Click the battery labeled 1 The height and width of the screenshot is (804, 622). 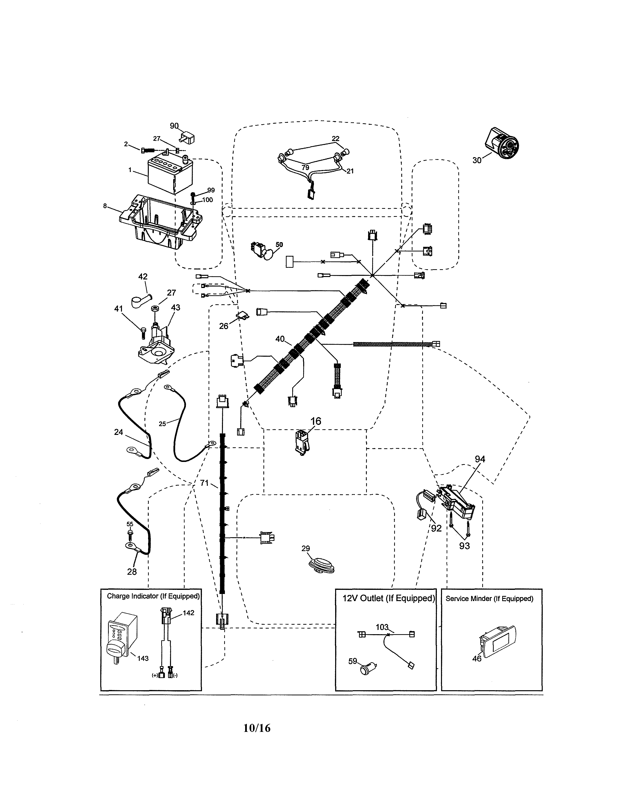click(x=168, y=175)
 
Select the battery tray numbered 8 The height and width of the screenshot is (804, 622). click(x=162, y=223)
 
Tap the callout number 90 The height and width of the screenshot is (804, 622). click(x=174, y=126)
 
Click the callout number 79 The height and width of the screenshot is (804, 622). click(x=305, y=168)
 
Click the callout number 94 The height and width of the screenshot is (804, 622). click(x=480, y=459)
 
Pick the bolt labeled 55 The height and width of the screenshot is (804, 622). click(x=130, y=532)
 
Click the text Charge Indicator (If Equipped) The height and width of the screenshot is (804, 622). click(x=153, y=596)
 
